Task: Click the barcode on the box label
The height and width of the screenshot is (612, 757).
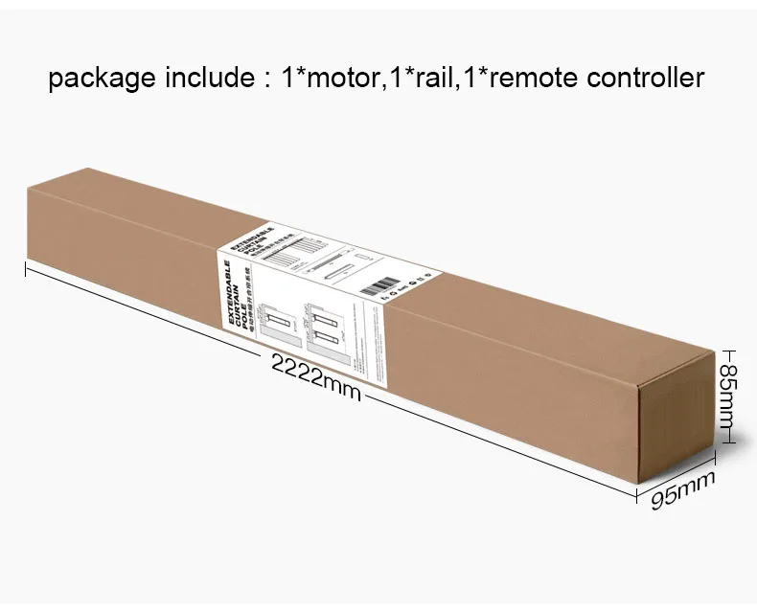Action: (x=384, y=284)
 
